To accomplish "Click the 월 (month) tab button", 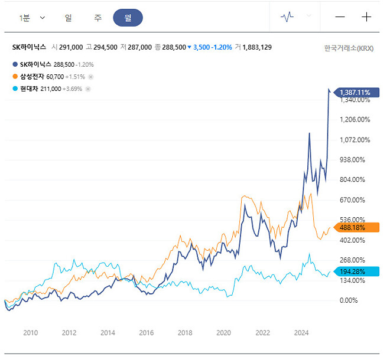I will (x=128, y=18).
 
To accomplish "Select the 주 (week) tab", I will (x=97, y=18).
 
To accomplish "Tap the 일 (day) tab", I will (x=68, y=18).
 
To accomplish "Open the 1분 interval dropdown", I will (x=32, y=18).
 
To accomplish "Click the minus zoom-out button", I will (x=340, y=17).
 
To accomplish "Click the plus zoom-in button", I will (x=366, y=17).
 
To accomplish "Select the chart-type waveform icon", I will (x=287, y=17).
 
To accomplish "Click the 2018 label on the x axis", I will (x=185, y=333).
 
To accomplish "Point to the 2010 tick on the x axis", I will (x=31, y=333).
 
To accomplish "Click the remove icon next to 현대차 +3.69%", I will (x=88, y=89).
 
